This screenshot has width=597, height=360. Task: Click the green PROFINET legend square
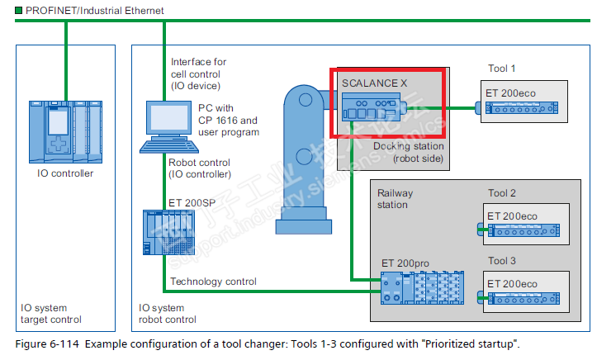pos(7,10)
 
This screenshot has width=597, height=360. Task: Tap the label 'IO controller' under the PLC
pos(65,173)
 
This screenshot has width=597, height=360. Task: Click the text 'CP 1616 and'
pos(228,120)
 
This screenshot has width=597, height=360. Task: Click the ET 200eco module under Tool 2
pos(523,230)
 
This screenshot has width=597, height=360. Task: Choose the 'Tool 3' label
pos(502,261)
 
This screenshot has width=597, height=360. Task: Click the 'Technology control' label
pos(212,282)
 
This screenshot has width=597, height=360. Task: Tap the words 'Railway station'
pos(395,199)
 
